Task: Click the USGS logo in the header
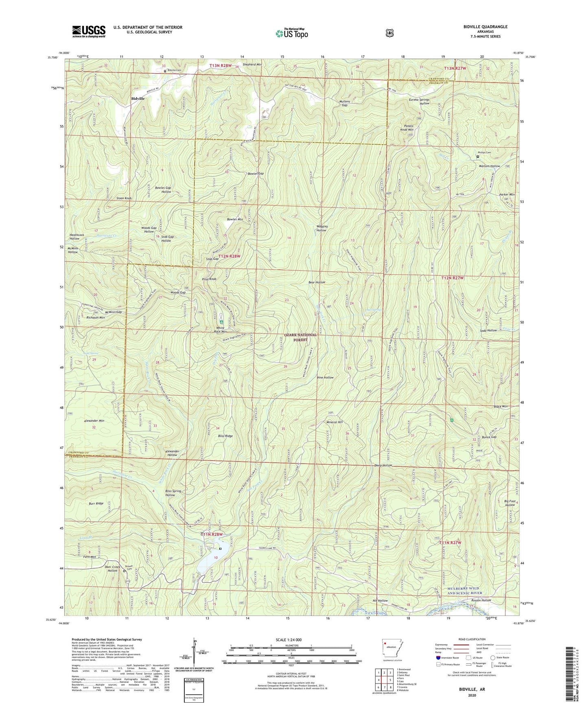click(89, 31)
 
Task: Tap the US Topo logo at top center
click(291, 33)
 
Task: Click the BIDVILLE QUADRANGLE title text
click(485, 27)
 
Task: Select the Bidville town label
click(138, 98)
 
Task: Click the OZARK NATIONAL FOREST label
click(300, 337)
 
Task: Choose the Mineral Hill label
click(334, 422)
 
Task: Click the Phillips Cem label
click(485, 153)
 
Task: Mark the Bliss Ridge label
click(225, 436)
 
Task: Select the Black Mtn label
click(501, 407)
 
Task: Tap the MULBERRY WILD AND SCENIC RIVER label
click(463, 590)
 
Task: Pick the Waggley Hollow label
click(321, 228)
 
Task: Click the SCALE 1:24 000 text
click(289, 640)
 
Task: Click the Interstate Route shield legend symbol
click(438, 658)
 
